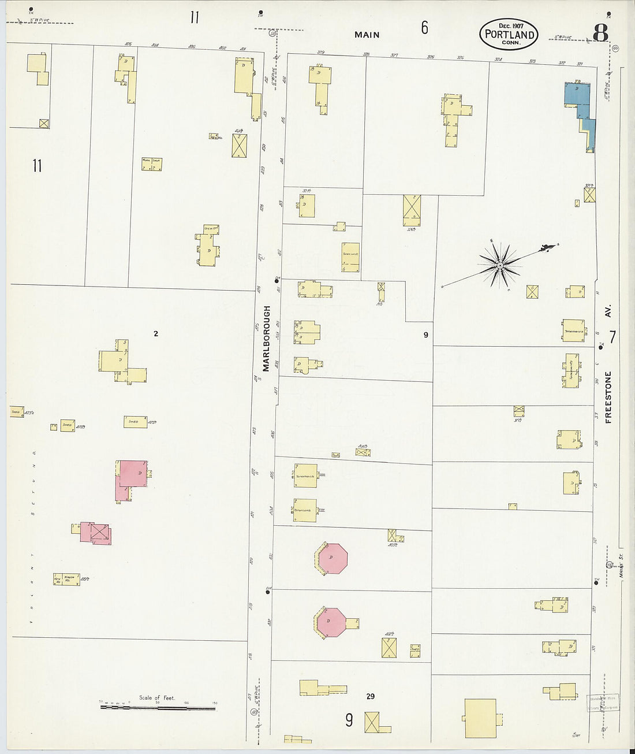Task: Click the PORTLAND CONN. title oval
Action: pyautogui.click(x=508, y=34)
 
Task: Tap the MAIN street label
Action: pyautogui.click(x=367, y=35)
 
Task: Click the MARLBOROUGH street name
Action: pyautogui.click(x=266, y=338)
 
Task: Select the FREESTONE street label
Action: pyautogui.click(x=608, y=397)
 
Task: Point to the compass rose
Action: pyautogui.click(x=500, y=265)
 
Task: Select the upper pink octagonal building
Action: pyautogui.click(x=331, y=558)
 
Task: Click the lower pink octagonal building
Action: pyautogui.click(x=331, y=622)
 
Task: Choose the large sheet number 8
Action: pyautogui.click(x=600, y=33)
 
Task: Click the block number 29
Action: pyautogui.click(x=370, y=696)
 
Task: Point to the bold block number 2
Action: pyautogui.click(x=155, y=333)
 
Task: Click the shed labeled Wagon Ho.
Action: pyautogui.click(x=67, y=578)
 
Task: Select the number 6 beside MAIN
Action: pyautogui.click(x=424, y=27)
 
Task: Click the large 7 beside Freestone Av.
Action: pyautogui.click(x=612, y=337)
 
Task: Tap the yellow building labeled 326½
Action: pyautogui.click(x=412, y=210)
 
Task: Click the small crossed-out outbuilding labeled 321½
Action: pyautogui.click(x=589, y=195)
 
